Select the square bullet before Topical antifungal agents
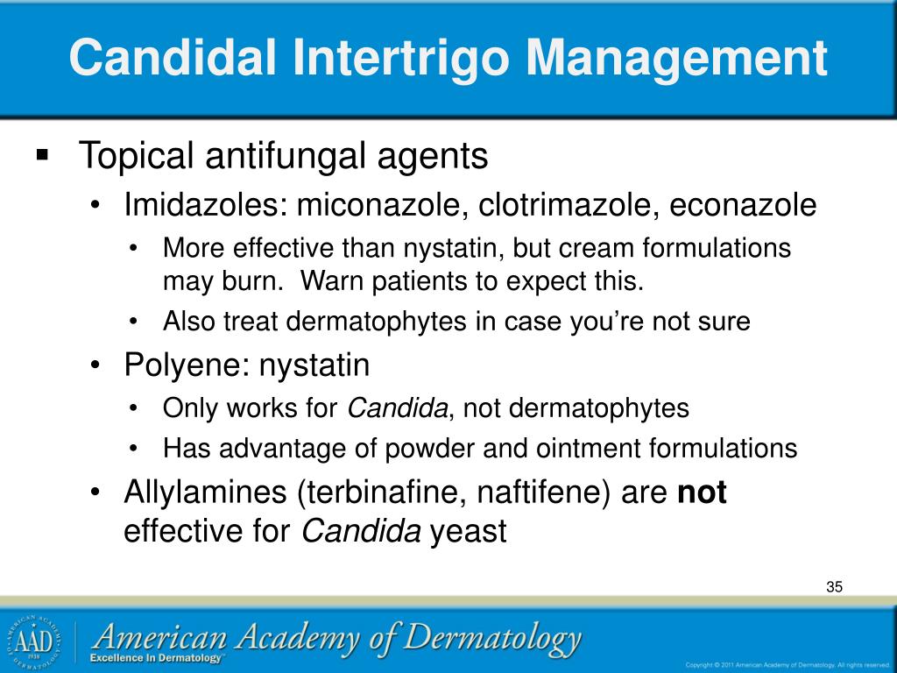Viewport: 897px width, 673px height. point(42,156)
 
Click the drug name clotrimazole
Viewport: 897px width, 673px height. point(557,206)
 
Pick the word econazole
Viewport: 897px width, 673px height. point(743,206)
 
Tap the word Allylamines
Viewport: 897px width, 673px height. point(206,493)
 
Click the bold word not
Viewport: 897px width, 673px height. point(703,493)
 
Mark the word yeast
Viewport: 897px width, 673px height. point(468,532)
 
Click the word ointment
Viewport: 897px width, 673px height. point(592,450)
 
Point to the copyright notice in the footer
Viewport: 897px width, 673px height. point(787,663)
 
